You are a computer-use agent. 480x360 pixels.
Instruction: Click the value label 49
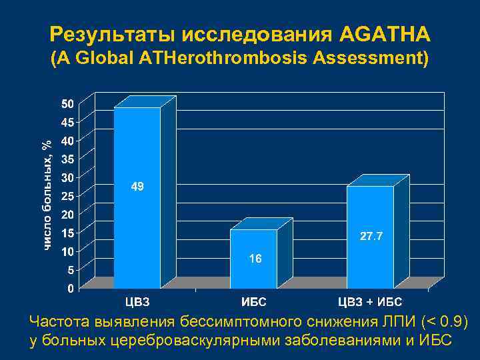click(137, 188)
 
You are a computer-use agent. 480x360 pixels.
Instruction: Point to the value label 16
click(255, 259)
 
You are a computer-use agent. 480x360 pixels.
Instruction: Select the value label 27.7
click(371, 237)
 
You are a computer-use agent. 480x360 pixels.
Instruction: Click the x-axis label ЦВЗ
click(138, 303)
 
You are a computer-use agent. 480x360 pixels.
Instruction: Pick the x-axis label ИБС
click(253, 303)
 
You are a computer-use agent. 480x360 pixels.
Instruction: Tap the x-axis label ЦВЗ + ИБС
click(369, 303)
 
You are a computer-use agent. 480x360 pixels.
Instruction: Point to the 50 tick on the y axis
click(67, 104)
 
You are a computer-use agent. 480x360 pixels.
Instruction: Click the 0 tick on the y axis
click(70, 289)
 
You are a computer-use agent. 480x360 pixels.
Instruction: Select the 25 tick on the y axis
click(67, 197)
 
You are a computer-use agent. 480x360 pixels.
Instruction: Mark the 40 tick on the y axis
click(67, 141)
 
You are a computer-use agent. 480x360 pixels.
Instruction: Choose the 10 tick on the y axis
click(67, 252)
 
